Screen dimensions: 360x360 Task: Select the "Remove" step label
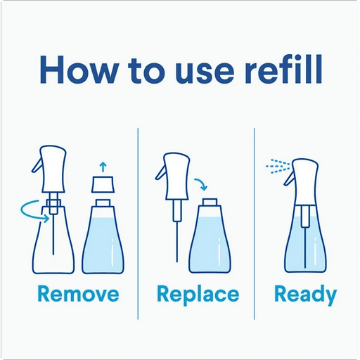click(x=78, y=294)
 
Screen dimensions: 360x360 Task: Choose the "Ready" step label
click(x=305, y=294)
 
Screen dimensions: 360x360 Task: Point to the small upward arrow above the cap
click(x=103, y=167)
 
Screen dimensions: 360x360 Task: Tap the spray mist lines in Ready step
click(x=276, y=166)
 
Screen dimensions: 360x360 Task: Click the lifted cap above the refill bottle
click(x=103, y=186)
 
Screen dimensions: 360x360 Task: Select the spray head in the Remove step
click(x=49, y=169)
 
